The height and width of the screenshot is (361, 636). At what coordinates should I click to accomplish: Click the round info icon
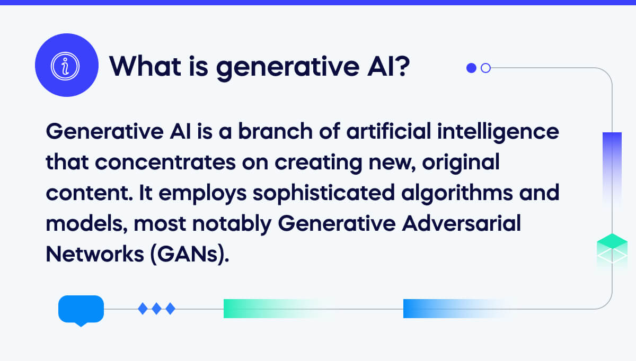click(67, 65)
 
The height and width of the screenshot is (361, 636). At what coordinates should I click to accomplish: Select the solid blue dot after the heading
click(471, 68)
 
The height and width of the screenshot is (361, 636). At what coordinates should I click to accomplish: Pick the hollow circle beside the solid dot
click(485, 68)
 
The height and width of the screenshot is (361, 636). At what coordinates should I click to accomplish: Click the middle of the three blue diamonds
click(156, 308)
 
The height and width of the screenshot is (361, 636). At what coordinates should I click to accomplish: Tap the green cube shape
click(612, 249)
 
